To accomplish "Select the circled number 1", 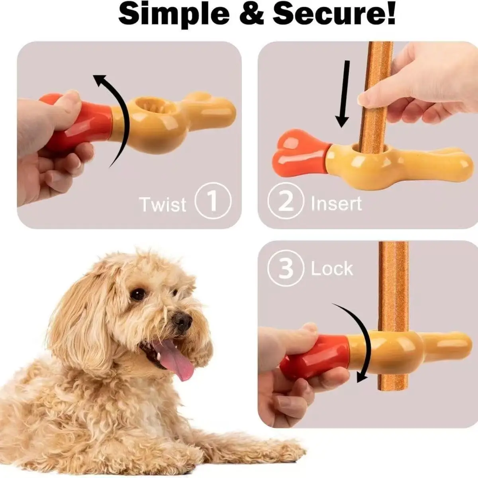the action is click(x=213, y=200).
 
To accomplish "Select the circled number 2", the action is click(x=286, y=200).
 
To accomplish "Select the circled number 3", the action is click(x=286, y=268).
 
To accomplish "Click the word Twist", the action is click(x=163, y=204).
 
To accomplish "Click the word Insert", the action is click(x=336, y=204).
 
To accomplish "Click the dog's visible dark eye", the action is click(x=138, y=294).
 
